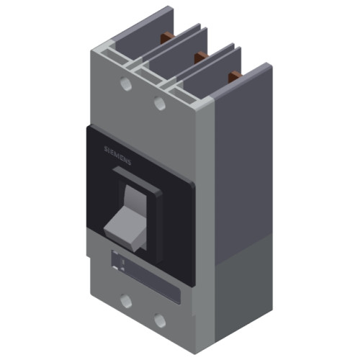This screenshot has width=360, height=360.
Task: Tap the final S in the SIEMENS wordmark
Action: coord(130,163)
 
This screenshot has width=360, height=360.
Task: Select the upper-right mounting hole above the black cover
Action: coord(160,104)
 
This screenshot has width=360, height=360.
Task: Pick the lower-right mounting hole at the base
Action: coord(159,319)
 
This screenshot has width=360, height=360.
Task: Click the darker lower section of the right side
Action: coord(245,288)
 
